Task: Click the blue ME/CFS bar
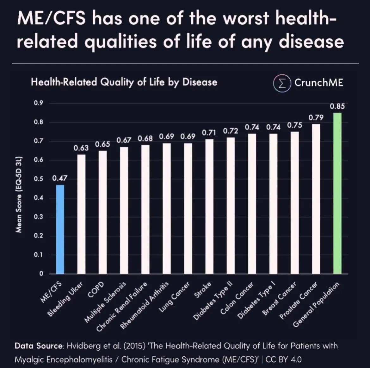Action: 60,229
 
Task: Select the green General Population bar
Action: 337,193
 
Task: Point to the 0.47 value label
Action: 60,178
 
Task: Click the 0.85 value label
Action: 337,106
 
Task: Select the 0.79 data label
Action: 316,117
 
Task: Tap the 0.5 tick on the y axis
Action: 39,179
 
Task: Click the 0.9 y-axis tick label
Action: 39,103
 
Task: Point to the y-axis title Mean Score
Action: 19,194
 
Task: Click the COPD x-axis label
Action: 96,289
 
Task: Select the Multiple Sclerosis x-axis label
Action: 105,302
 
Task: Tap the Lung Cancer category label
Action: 174,297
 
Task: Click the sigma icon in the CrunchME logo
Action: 282,83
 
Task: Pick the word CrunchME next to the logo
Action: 318,83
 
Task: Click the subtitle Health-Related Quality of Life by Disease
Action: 124,82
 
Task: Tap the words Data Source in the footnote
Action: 39,346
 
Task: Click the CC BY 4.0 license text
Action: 283,360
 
